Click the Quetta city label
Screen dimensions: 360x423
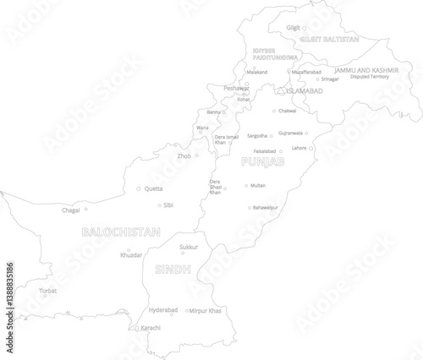coord(154,189)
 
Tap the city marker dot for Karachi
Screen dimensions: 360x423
coord(137,328)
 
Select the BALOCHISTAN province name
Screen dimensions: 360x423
coord(121,231)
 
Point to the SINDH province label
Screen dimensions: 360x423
coord(173,269)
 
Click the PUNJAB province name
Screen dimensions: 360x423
coord(262,161)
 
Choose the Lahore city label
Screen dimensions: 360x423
coord(299,148)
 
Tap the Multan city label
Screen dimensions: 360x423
coord(258,185)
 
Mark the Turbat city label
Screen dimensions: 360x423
coord(48,290)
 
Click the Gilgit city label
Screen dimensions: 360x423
coord(294,28)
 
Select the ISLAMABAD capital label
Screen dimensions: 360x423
coord(304,90)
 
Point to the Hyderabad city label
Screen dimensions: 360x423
coord(162,310)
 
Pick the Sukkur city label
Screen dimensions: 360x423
coord(189,247)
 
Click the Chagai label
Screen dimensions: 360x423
coord(71,210)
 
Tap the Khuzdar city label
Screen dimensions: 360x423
coord(131,254)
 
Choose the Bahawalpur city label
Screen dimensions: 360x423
coord(266,207)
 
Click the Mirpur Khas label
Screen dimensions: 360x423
coord(206,311)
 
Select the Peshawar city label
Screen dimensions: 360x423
coord(236,88)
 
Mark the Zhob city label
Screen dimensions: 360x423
coord(184,155)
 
